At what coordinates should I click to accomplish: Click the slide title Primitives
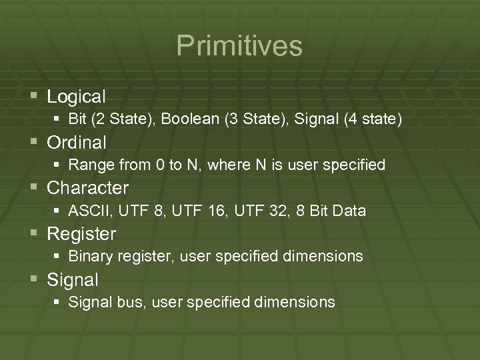pos(239,46)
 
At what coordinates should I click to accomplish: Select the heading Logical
pos(76,97)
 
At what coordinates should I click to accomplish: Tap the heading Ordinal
pos(77,143)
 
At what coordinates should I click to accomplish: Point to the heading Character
pos(88,188)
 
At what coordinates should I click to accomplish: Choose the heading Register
pos(81,234)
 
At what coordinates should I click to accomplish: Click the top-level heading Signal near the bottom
pos(73,280)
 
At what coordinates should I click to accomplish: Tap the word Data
pos(349,211)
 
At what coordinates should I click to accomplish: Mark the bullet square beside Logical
pos(35,97)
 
